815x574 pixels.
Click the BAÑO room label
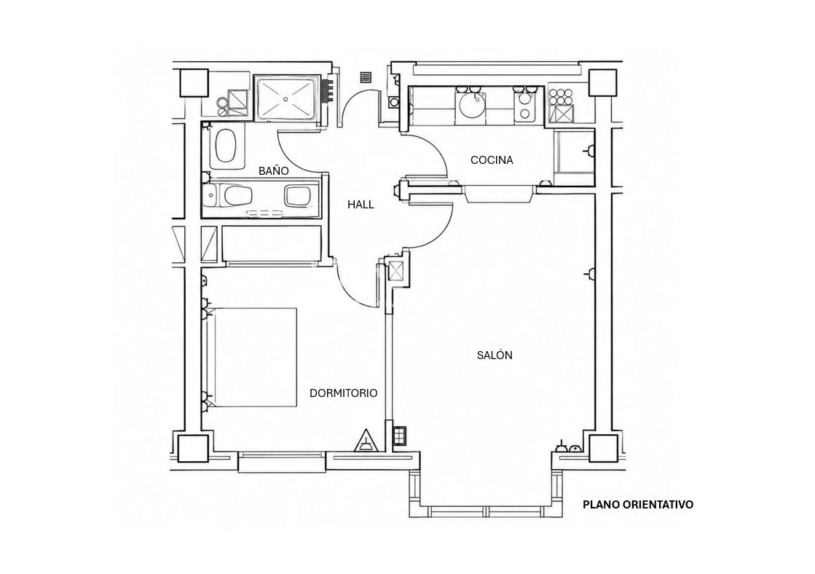273,171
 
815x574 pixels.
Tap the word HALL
361,205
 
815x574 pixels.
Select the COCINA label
492,160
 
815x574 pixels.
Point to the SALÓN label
495,355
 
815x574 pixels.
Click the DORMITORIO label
344,393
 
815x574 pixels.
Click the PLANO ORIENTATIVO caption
638,504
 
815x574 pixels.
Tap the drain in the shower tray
286,98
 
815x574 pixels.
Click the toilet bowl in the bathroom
237,196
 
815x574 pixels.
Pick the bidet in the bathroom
299,196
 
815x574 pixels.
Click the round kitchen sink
473,106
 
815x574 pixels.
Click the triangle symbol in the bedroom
365,441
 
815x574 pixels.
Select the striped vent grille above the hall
366,77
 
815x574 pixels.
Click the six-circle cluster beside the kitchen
561,97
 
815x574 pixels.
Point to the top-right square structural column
603,82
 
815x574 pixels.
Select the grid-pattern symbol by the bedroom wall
399,436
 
